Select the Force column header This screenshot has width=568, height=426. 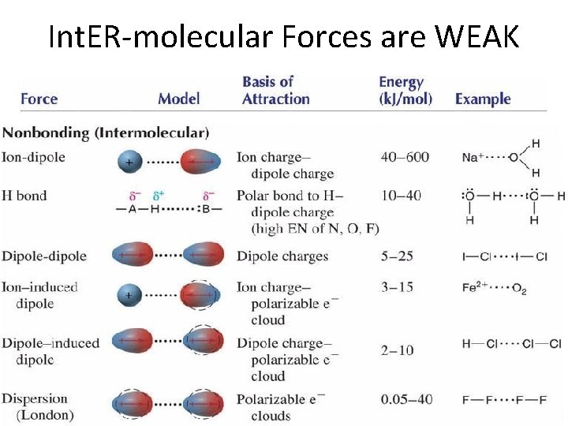coord(39,99)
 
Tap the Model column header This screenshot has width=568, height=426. coord(178,99)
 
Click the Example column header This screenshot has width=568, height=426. coord(483,99)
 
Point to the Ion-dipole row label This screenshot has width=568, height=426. coord(33,157)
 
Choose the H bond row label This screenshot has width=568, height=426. coord(24,196)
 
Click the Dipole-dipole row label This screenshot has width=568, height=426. coord(44,256)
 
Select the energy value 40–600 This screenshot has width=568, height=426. coord(405,157)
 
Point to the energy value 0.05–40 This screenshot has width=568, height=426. coord(406,399)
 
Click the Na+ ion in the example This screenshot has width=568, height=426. coord(472,157)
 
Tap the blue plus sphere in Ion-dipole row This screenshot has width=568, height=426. coord(129,163)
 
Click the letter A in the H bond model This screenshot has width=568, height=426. coord(133,209)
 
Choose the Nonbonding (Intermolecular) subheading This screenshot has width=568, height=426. coord(106,133)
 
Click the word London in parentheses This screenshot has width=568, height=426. coord(45,414)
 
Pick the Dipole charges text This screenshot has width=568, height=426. coord(282,256)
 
